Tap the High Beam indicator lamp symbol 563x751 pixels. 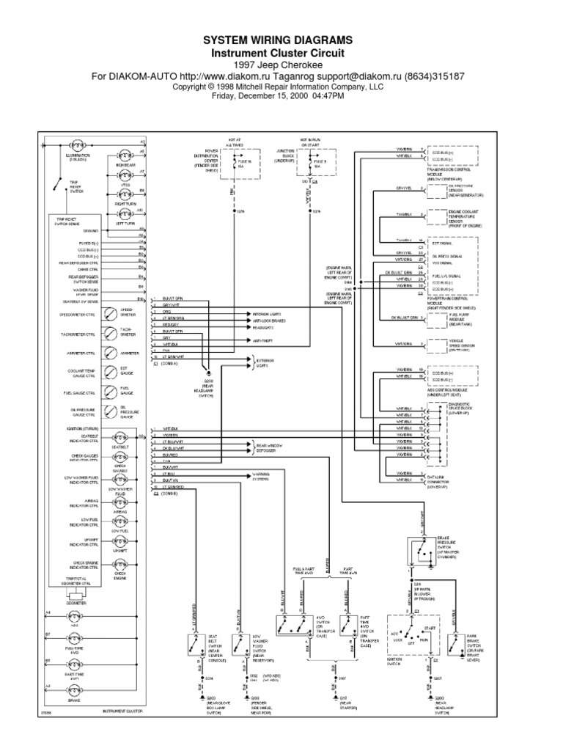pyautogui.click(x=124, y=155)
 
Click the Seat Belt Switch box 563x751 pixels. pyautogui.click(x=196, y=643)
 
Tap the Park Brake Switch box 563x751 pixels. pyautogui.click(x=454, y=643)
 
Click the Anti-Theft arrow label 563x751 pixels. pyautogui.click(x=262, y=339)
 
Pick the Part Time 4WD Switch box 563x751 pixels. pyautogui.click(x=347, y=625)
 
